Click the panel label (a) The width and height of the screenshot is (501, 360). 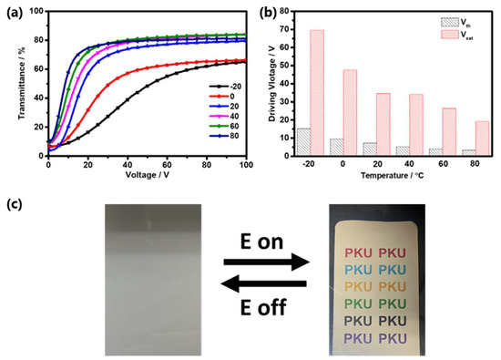pyautogui.click(x=15, y=10)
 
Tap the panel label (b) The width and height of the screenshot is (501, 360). pyautogui.click(x=267, y=10)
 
